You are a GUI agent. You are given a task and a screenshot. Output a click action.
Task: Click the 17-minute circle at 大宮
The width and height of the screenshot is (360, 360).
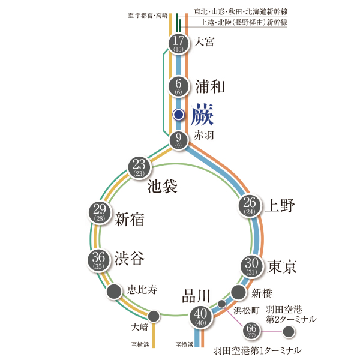[x=178, y=44]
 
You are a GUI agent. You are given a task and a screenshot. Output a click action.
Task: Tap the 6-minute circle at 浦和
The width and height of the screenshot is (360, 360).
[x=178, y=86]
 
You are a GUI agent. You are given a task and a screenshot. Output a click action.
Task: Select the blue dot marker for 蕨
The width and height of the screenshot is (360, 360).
[x=178, y=115]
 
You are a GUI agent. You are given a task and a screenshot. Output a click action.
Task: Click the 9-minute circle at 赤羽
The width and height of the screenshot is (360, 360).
[x=178, y=140]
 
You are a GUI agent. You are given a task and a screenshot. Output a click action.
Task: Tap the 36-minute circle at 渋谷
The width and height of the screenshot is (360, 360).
[x=100, y=259]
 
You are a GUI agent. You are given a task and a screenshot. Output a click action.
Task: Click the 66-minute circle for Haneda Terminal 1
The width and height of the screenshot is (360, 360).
[x=252, y=331]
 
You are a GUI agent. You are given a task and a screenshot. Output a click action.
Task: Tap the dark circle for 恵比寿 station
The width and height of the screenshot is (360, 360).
[x=113, y=292]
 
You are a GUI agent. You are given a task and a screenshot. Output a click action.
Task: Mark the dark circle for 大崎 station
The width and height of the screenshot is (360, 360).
[x=154, y=316]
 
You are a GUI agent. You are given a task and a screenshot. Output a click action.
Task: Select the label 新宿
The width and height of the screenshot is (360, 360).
[x=129, y=220]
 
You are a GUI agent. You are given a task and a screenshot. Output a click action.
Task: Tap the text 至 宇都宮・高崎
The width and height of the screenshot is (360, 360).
[x=149, y=16]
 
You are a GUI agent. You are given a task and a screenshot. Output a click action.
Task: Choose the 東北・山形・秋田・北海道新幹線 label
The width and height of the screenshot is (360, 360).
[x=241, y=11]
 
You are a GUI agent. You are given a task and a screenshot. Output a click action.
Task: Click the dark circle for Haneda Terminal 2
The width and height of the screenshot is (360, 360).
[x=289, y=331]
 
